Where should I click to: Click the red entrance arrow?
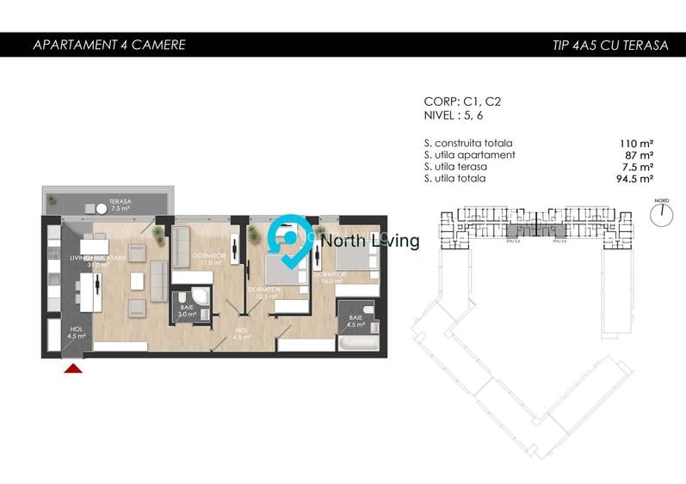point(74,368)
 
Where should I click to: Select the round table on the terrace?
point(101,208)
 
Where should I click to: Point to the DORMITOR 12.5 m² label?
point(264,293)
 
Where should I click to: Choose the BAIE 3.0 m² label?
point(187,311)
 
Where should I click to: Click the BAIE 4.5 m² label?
point(355,321)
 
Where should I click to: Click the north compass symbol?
point(661,215)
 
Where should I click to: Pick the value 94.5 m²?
point(633,179)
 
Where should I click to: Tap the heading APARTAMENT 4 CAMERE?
point(108,45)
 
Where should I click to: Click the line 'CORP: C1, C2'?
point(462,101)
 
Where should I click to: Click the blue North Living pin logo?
point(291,241)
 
